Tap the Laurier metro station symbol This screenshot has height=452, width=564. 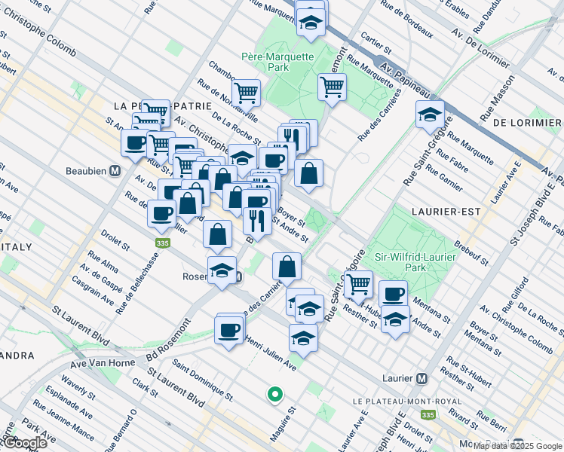pyautogui.click(x=422, y=378)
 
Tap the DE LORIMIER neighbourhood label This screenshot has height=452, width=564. pyautogui.click(x=526, y=121)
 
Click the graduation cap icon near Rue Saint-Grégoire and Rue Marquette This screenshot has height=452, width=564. pyautogui.click(x=430, y=115)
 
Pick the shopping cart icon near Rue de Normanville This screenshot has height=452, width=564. pyautogui.click(x=246, y=93)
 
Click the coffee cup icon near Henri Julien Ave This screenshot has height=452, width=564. pyautogui.click(x=228, y=329)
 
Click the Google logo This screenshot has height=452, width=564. pyautogui.click(x=24, y=442)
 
